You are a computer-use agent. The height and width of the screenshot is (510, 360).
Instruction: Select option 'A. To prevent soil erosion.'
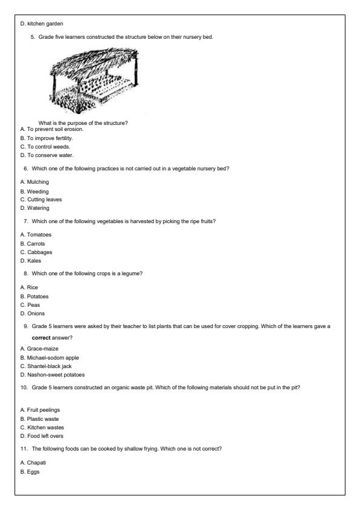pyautogui.click(x=52, y=129)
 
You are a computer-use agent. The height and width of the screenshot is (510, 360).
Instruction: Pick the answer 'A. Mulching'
pyautogui.click(x=35, y=181)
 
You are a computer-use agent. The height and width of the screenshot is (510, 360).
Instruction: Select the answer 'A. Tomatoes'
pyautogui.click(x=36, y=235)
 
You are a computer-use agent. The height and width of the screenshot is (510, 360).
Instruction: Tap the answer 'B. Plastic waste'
pyautogui.click(x=42, y=418)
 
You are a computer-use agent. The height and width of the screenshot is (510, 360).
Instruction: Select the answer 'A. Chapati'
pyautogui.click(x=34, y=462)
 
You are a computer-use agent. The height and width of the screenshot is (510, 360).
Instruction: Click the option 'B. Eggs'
pyautogui.click(x=30, y=471)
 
